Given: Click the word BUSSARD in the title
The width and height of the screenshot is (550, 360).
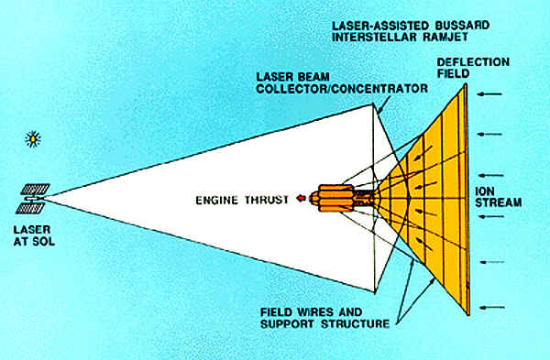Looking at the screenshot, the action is (x=460, y=26).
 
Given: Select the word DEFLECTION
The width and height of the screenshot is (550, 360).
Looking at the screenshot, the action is (x=473, y=62).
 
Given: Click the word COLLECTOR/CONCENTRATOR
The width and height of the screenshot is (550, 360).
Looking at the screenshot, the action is (x=342, y=88).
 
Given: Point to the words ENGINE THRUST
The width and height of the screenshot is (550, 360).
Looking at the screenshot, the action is (x=242, y=200).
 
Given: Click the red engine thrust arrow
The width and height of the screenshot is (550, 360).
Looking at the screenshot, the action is (x=302, y=199).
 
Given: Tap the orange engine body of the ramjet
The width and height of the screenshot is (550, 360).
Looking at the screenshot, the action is (x=332, y=198).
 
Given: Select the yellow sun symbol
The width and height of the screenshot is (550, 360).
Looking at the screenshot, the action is (x=33, y=139).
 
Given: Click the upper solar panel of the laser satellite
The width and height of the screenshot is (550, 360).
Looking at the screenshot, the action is (x=35, y=190).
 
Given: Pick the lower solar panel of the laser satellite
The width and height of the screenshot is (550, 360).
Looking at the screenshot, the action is (x=30, y=208).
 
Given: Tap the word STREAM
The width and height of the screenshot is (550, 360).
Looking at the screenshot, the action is (x=499, y=202).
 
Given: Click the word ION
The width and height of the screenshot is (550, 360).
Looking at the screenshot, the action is (x=484, y=191).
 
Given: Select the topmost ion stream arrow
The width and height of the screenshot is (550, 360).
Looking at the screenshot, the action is (x=490, y=94).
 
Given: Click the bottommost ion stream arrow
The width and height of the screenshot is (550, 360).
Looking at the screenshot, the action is (x=491, y=308).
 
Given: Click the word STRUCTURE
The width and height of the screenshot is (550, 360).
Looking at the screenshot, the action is (x=355, y=323).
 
